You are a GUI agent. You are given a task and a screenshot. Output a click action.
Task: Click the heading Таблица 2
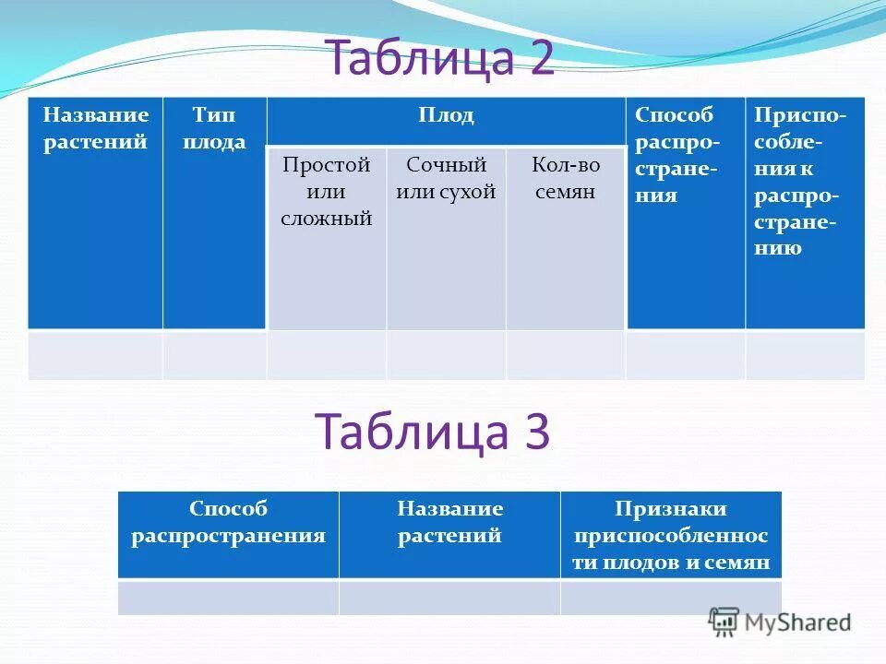click(x=440, y=59)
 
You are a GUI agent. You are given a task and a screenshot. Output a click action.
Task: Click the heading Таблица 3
click(x=433, y=431)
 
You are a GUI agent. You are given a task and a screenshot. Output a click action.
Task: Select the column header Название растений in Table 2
click(x=95, y=128)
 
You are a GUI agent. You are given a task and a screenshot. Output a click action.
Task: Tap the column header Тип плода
click(x=214, y=128)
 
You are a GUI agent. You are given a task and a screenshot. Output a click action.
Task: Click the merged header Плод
click(x=446, y=116)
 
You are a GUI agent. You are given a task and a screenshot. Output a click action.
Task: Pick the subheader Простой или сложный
click(x=327, y=192)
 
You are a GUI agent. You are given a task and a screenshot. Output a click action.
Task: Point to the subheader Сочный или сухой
click(x=446, y=179)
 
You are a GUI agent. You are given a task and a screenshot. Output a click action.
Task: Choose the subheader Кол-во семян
click(x=565, y=179)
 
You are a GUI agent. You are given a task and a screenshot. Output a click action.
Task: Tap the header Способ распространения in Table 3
click(x=228, y=522)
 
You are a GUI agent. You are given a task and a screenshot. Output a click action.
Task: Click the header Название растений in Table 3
click(x=449, y=522)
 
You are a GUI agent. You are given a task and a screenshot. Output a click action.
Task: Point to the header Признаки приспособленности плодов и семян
click(x=671, y=536)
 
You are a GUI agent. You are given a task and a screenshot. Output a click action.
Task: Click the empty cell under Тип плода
click(x=215, y=355)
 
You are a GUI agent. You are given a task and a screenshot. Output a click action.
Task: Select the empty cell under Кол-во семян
click(x=565, y=355)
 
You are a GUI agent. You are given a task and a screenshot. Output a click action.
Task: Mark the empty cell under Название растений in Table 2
click(x=95, y=355)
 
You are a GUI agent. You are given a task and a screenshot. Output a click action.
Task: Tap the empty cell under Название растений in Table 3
click(x=449, y=598)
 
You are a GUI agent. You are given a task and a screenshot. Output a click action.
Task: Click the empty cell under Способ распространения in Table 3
click(x=228, y=598)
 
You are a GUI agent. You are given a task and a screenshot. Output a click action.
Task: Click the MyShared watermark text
click(x=796, y=622)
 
